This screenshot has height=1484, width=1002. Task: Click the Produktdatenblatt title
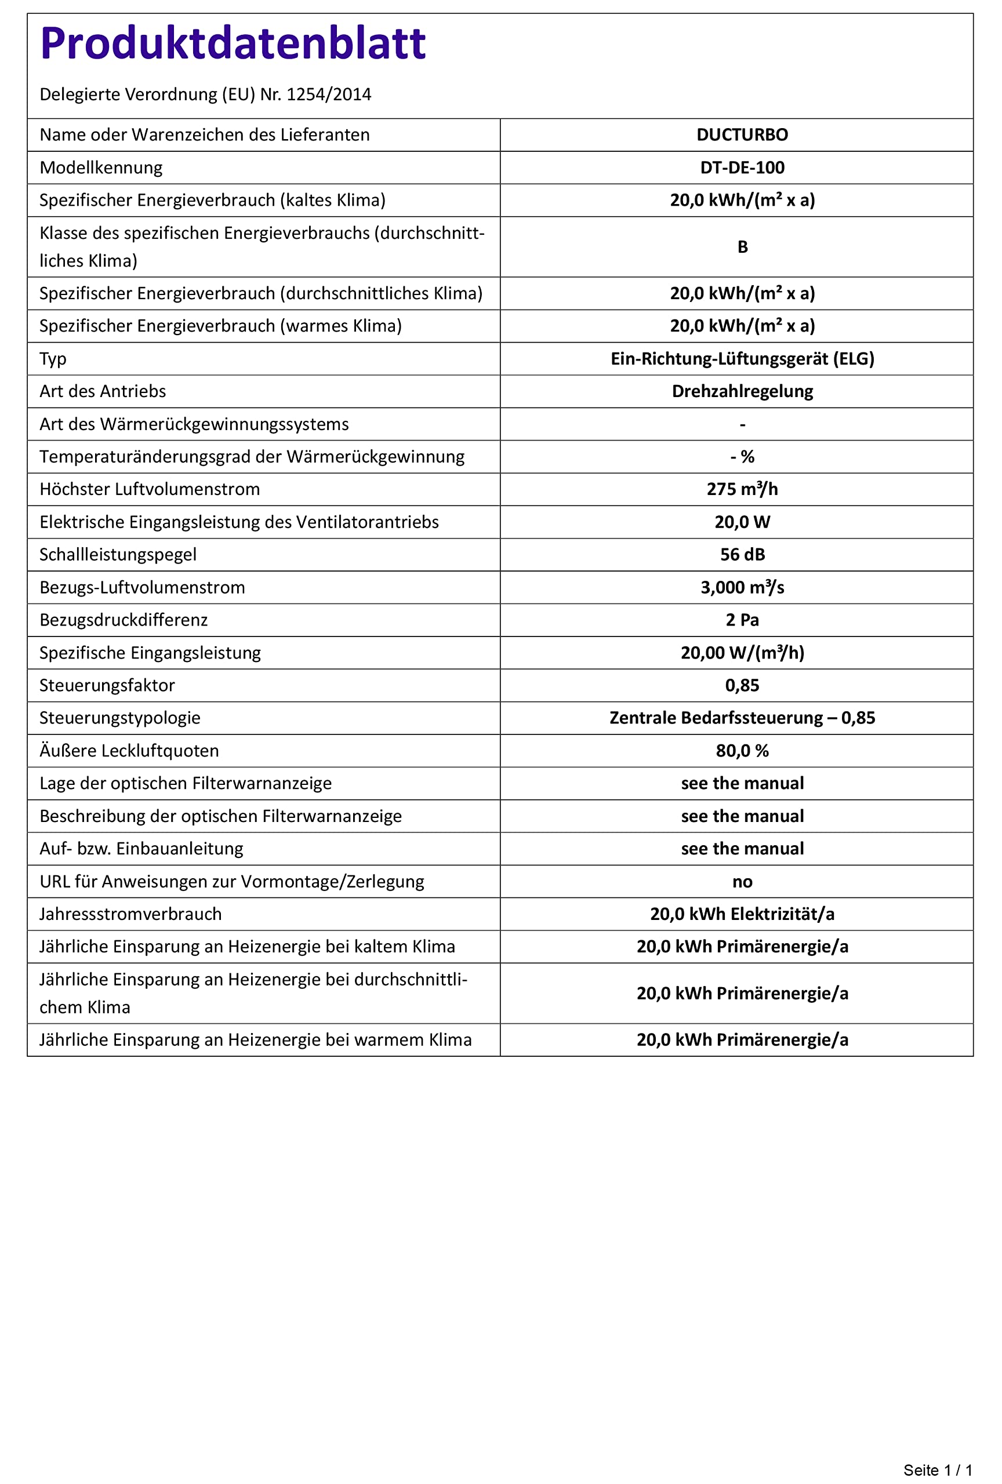[x=233, y=43]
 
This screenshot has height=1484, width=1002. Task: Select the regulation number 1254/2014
[x=328, y=94]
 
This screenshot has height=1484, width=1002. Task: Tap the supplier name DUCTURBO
[x=742, y=134]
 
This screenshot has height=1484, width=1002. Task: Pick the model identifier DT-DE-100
[x=742, y=168]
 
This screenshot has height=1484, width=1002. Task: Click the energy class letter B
[x=742, y=247]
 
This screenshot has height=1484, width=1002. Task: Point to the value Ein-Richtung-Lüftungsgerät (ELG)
[x=742, y=359]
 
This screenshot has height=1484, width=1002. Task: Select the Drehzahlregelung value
[x=742, y=391]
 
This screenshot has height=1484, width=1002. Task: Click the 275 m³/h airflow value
[x=742, y=489]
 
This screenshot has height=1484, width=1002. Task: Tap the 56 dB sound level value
[x=742, y=554]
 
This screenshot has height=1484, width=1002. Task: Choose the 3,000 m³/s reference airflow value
[x=742, y=587]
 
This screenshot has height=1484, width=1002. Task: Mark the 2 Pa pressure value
[x=742, y=620]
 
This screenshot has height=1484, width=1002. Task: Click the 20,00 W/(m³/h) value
[x=742, y=653]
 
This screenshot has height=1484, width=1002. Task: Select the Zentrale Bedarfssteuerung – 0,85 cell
[x=742, y=718]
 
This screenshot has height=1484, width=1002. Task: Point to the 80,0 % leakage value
[x=742, y=751]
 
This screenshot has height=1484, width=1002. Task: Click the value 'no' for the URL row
[x=742, y=882]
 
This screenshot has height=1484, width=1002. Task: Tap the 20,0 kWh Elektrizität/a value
[x=742, y=914]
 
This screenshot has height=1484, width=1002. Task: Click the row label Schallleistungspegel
[x=118, y=554]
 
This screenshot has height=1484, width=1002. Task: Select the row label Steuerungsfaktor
[x=107, y=685]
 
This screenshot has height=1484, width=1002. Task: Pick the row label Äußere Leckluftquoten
[x=129, y=751]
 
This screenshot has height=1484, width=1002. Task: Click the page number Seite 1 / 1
[x=937, y=1470]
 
